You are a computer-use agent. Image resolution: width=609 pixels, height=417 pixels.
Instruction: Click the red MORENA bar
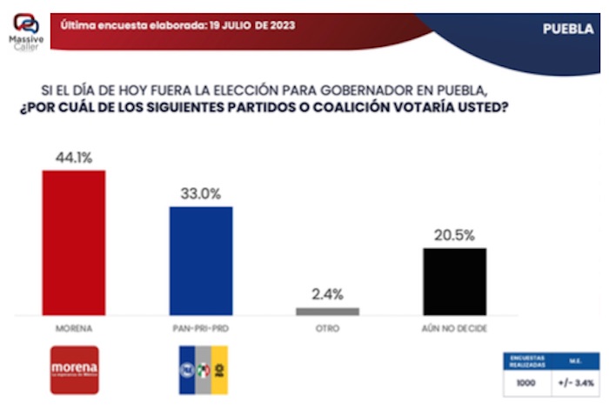click(74, 242)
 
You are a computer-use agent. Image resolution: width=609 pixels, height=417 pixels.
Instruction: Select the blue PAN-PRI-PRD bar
click(201, 260)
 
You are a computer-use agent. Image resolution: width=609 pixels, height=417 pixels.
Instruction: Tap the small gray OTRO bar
click(327, 311)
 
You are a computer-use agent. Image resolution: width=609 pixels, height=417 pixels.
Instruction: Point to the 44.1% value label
click(74, 158)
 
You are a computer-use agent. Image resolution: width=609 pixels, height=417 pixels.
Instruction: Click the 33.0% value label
click(201, 195)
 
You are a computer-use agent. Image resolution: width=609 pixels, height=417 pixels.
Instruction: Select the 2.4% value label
click(327, 293)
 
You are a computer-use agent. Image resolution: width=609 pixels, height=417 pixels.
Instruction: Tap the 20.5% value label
click(454, 235)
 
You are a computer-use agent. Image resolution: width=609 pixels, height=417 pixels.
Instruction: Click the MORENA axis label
click(74, 329)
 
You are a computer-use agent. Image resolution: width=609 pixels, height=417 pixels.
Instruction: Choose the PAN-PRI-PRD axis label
click(201, 329)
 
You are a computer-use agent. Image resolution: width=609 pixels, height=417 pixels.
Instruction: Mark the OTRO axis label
click(327, 329)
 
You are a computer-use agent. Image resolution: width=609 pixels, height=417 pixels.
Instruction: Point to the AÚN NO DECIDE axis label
click(454, 329)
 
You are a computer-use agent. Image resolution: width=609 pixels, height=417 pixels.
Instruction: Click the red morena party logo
click(75, 370)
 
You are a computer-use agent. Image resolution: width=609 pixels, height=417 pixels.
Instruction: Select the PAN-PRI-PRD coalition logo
click(201, 370)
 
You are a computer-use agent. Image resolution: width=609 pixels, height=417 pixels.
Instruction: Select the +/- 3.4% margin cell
click(575, 382)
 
